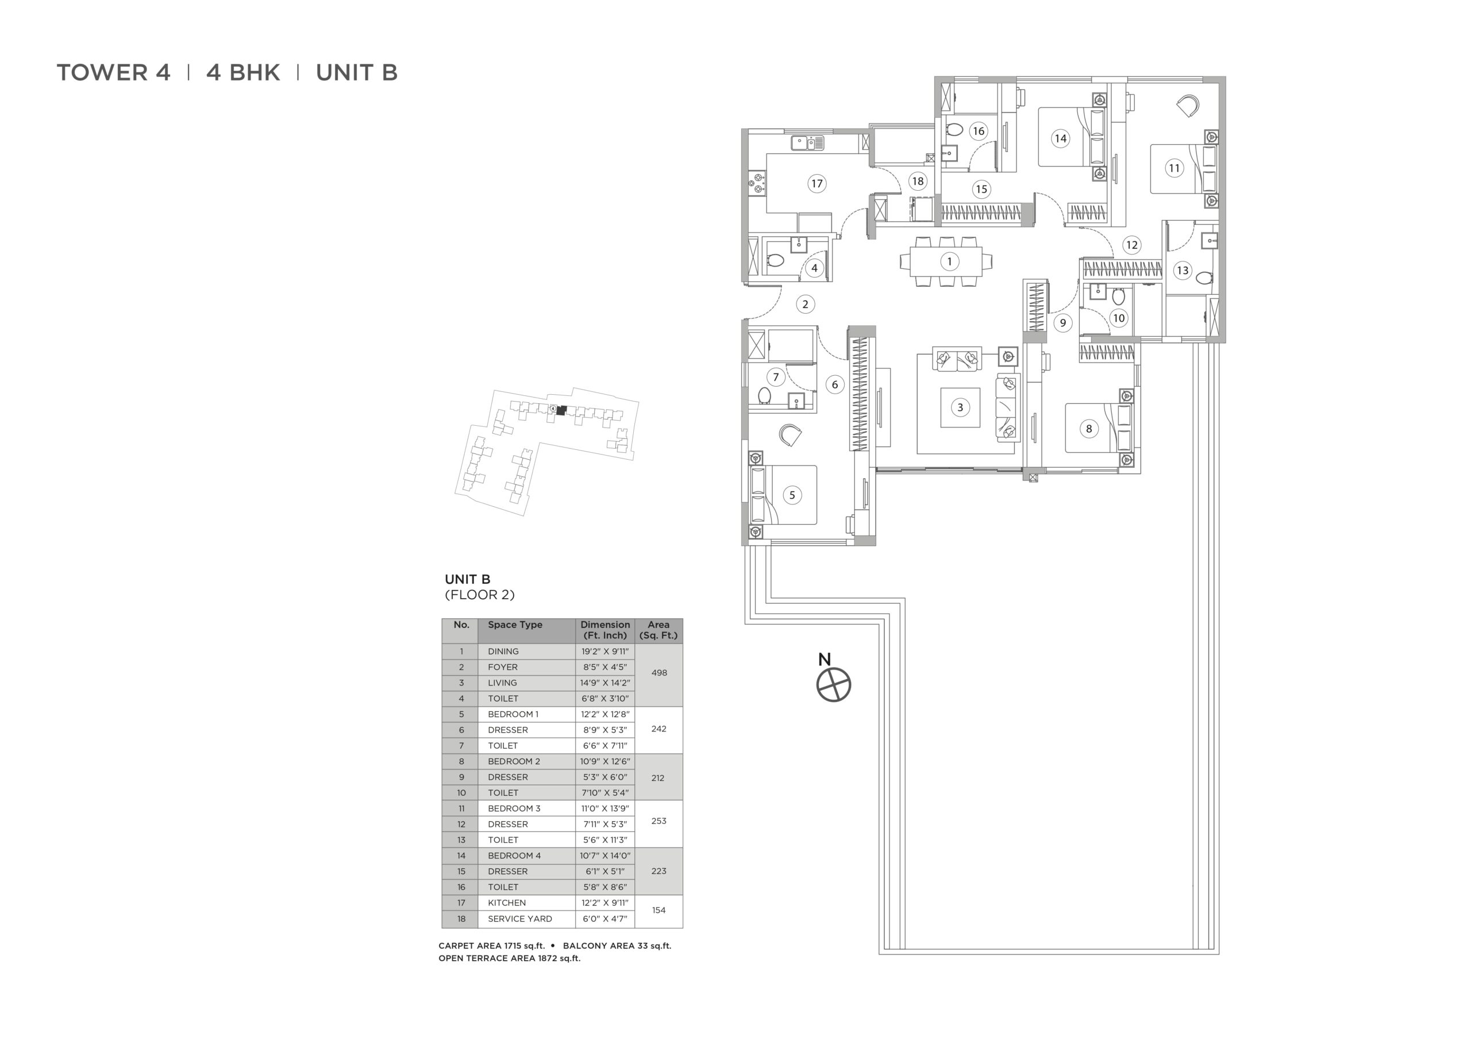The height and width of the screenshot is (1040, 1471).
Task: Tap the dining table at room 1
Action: (946, 261)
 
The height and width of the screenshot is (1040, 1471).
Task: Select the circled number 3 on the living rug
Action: (960, 407)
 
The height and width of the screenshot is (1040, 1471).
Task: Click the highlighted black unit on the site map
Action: (562, 410)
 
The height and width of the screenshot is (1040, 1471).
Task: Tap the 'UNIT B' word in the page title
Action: (357, 72)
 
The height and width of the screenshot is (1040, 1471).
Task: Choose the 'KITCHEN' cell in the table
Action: (507, 903)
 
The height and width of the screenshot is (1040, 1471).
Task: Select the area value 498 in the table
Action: (659, 673)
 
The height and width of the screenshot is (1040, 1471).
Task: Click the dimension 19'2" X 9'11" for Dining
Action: (605, 651)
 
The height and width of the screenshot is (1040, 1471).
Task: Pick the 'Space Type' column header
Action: (515, 625)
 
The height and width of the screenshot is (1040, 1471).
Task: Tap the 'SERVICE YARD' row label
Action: (519, 919)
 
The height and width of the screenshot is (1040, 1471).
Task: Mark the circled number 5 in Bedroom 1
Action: (792, 495)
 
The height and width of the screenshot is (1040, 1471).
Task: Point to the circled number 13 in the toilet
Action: (1183, 271)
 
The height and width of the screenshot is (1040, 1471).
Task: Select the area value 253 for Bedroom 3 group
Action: (659, 821)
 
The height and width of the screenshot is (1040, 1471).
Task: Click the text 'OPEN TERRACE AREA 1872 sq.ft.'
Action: (509, 958)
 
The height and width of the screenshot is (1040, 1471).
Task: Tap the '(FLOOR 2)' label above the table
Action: (480, 595)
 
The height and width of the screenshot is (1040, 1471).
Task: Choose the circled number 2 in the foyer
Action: (806, 305)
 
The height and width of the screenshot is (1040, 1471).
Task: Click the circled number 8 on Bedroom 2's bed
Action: (1088, 429)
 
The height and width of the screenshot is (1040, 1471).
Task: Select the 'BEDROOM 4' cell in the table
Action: (514, 856)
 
